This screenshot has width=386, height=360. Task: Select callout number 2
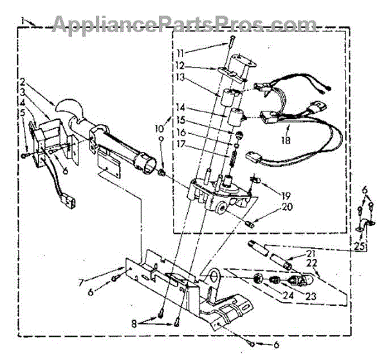(23, 82)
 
